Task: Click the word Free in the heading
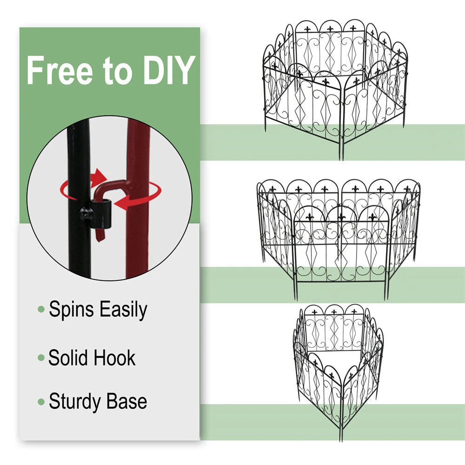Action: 60,71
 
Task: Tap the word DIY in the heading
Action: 169,71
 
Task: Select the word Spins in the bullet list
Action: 71,309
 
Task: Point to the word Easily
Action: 123,309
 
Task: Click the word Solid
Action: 67,358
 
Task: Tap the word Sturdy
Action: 75,402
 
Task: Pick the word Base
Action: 126,401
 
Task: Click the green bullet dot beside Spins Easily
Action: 41,310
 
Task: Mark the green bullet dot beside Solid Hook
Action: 41,358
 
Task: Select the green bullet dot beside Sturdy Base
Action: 41,402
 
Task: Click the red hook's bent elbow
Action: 101,187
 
